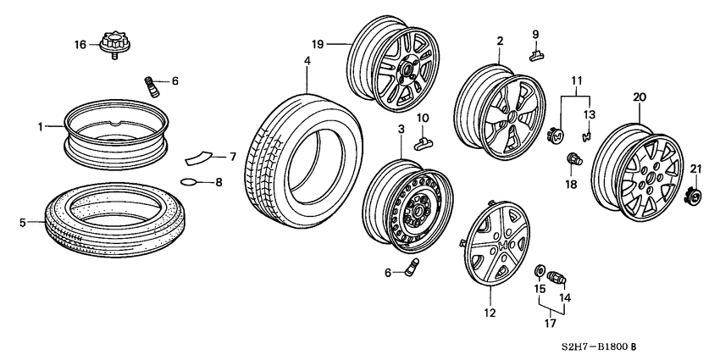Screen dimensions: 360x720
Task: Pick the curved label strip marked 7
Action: [x=200, y=158]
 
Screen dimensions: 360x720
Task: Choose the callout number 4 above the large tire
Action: [x=307, y=61]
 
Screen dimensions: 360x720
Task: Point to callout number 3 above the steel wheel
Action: [x=401, y=128]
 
